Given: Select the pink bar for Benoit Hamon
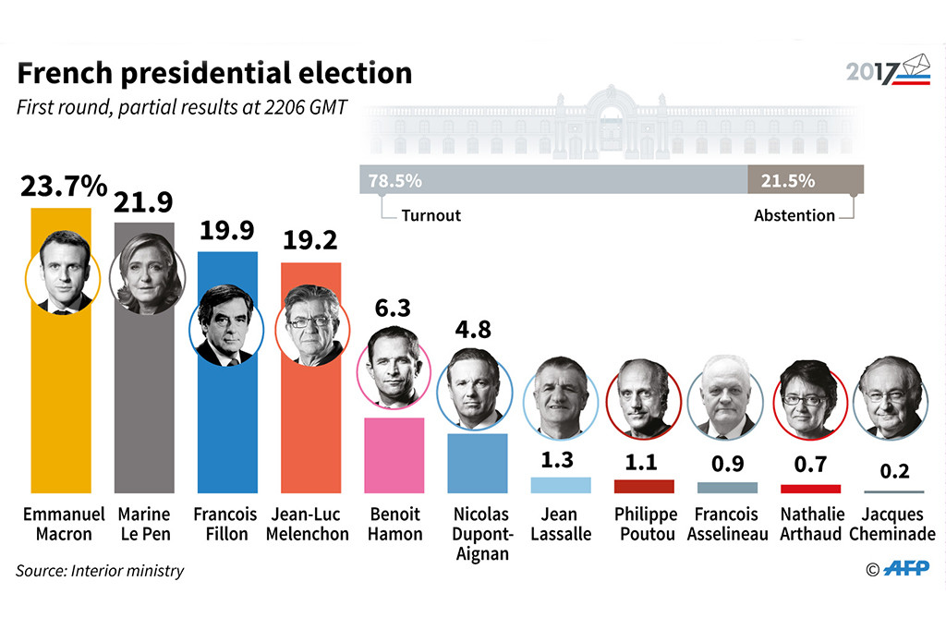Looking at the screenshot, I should point(393,454).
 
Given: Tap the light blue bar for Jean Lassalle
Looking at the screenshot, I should point(561,485).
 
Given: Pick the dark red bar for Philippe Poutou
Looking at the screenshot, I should point(644,486).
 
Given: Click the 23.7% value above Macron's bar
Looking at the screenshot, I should point(64,187).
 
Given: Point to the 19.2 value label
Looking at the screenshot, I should point(310,241).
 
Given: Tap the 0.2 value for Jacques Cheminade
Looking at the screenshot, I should point(893,471).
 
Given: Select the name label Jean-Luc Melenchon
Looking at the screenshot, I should point(310,524).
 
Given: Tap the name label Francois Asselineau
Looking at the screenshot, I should point(727,524).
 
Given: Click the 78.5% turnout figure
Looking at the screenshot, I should point(394,181).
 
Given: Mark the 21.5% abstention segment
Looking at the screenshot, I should point(806,181).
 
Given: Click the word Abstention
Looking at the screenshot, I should point(794,215).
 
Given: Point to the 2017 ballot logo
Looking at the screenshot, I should point(888,71).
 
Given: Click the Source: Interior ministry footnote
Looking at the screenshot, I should point(100,571).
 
